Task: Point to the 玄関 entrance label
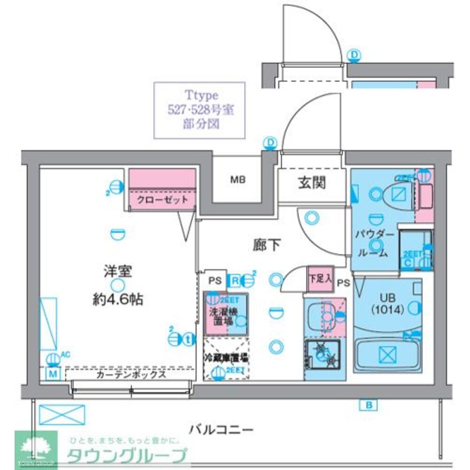[x=312, y=182]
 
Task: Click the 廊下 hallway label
[x=267, y=245]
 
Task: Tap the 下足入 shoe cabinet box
[x=320, y=278]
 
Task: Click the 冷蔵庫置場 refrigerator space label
[x=226, y=358]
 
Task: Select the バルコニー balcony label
[x=221, y=429]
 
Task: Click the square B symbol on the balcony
[x=368, y=405]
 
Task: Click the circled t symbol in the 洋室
[x=188, y=338]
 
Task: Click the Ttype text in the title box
[x=201, y=96]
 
